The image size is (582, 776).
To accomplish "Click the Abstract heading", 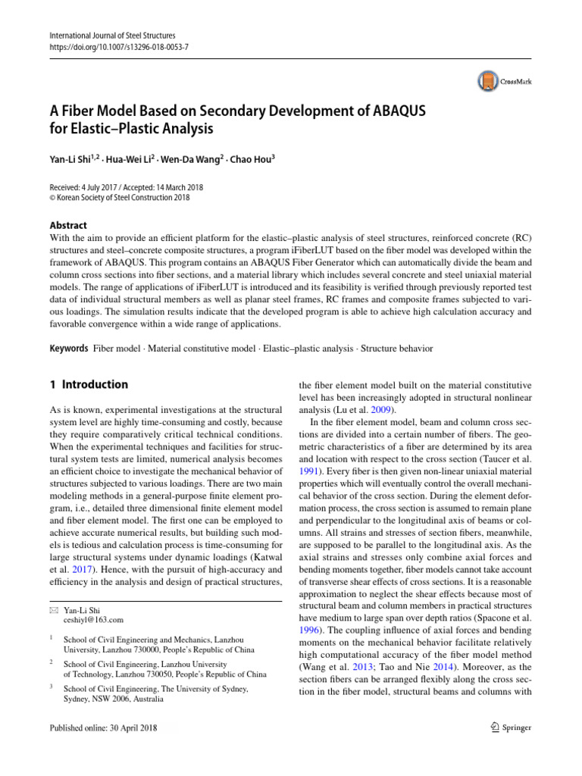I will [67, 225].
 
